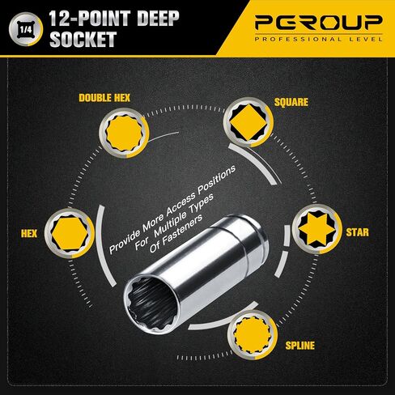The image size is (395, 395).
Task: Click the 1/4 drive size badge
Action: [26, 29]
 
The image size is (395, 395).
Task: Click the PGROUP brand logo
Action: [319, 23]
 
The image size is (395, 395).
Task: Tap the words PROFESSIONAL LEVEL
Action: [319, 40]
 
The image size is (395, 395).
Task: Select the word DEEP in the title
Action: [158, 19]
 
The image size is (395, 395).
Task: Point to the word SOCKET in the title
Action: [83, 40]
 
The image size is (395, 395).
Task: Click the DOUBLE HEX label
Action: [104, 98]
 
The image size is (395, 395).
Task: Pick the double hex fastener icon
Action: [124, 133]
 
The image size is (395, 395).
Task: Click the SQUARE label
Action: [291, 102]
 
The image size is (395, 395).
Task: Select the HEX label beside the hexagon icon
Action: [29, 233]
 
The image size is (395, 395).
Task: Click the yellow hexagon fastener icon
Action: [70, 233]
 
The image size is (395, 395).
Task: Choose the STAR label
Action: [357, 232]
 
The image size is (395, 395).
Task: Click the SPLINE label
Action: [300, 346]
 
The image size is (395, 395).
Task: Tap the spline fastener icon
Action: [253, 335]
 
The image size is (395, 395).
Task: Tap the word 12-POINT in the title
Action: [90, 19]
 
